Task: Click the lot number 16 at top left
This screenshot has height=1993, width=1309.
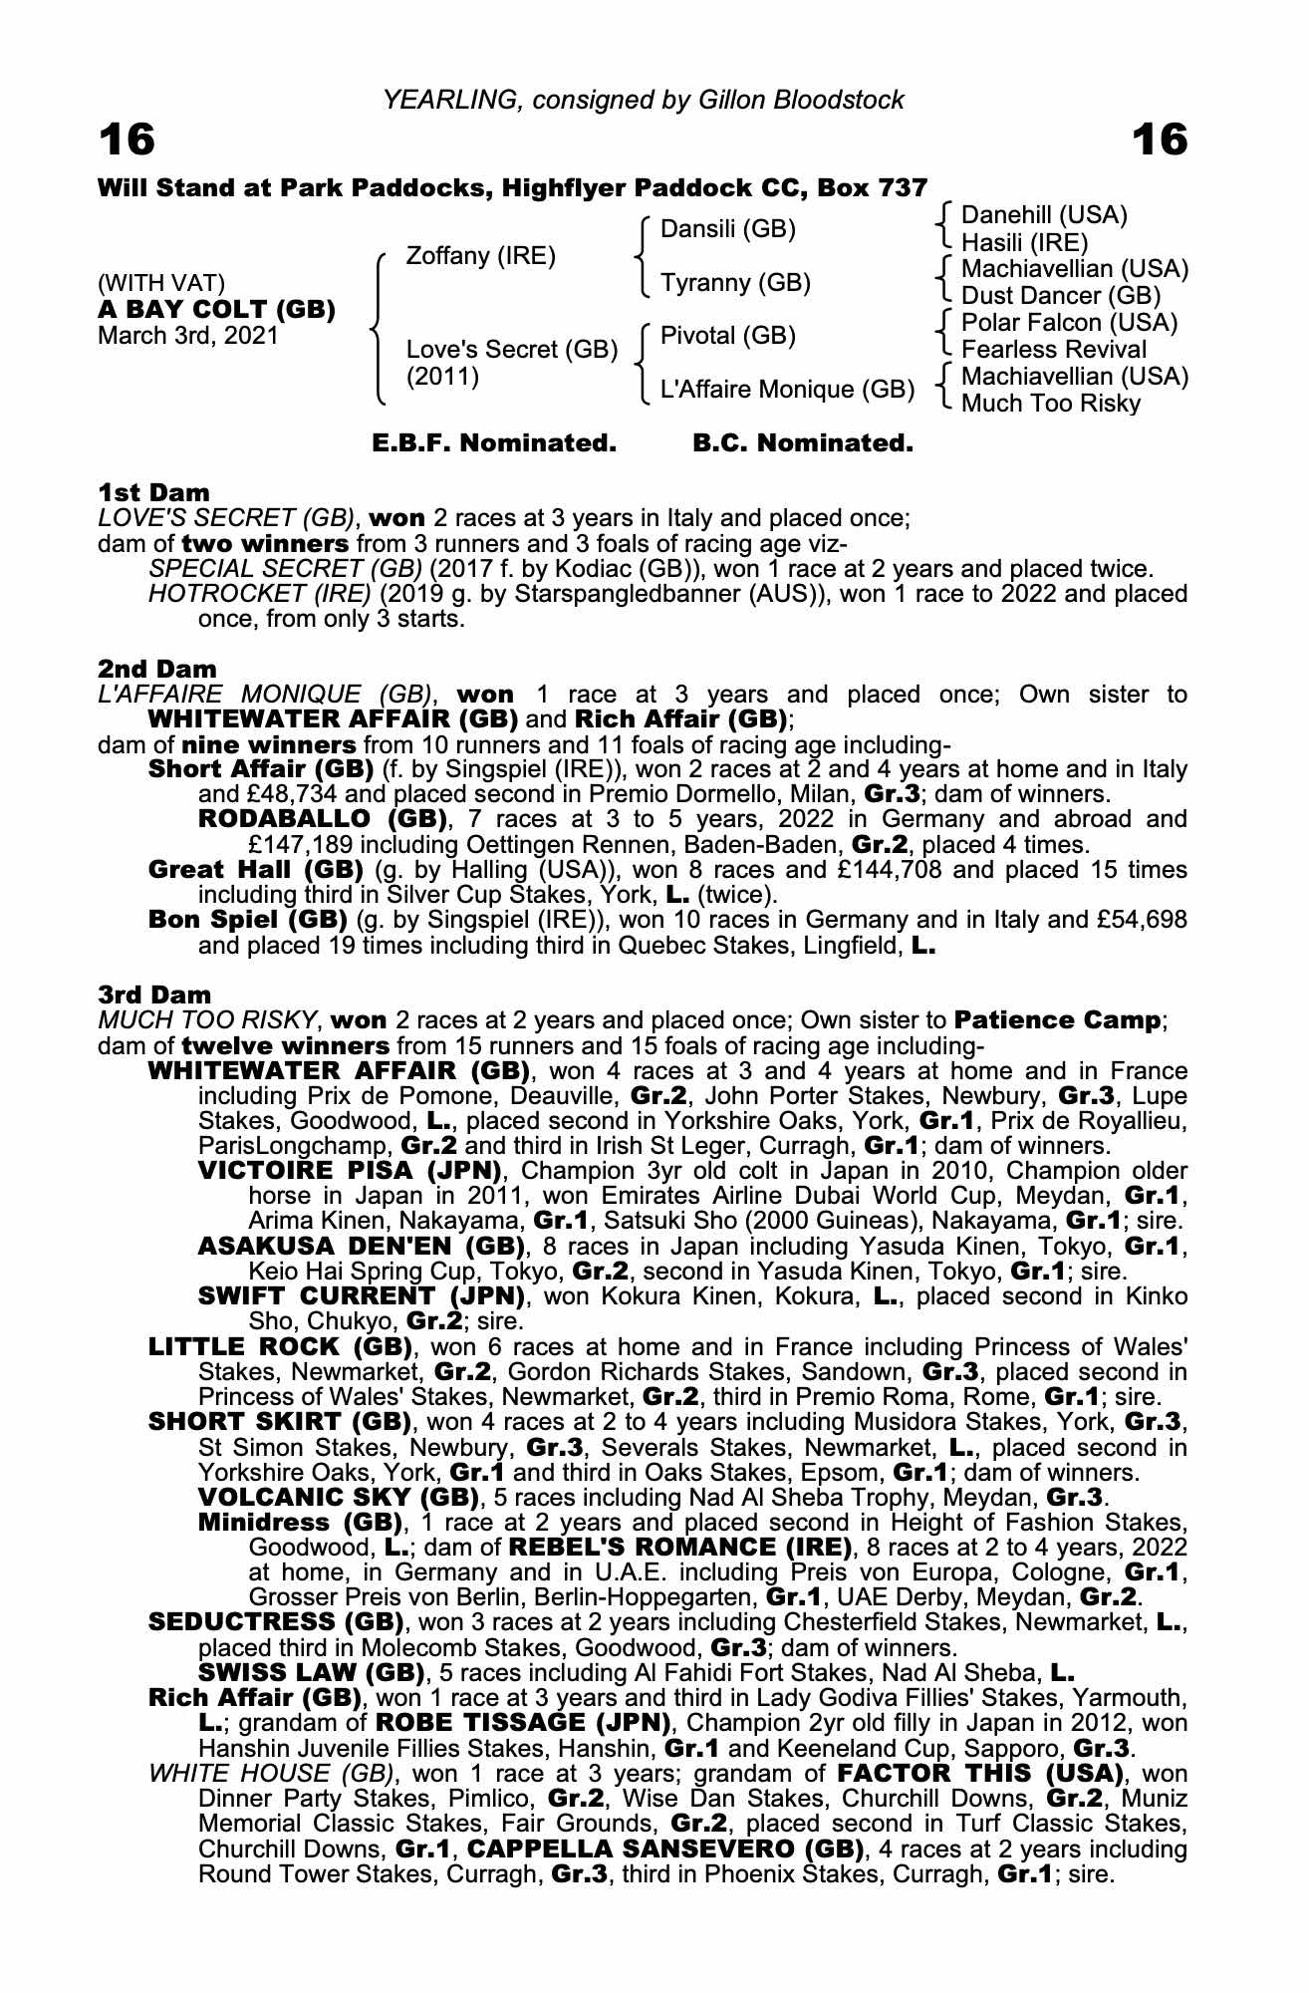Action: [x=127, y=141]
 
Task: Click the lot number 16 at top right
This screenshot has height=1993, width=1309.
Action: [x=1160, y=141]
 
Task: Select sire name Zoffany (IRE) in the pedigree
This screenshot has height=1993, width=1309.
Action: [x=480, y=256]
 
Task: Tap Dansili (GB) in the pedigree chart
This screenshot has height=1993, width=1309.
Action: [x=728, y=229]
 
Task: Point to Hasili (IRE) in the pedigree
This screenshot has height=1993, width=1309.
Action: [x=1024, y=242]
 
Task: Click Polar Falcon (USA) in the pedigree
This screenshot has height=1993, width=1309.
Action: [x=1069, y=323]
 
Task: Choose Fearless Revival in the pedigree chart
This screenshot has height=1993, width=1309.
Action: [x=1054, y=350]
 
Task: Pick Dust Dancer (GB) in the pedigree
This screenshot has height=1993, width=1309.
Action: [x=1061, y=296]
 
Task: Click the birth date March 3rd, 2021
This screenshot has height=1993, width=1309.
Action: [x=188, y=336]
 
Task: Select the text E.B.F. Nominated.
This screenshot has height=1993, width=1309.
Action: [x=494, y=443]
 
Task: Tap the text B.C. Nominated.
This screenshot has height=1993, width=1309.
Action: [x=803, y=443]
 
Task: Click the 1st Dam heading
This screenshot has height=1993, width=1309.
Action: [x=154, y=492]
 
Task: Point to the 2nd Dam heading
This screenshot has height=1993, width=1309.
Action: [x=157, y=669]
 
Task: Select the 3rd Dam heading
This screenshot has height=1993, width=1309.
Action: [x=155, y=995]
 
